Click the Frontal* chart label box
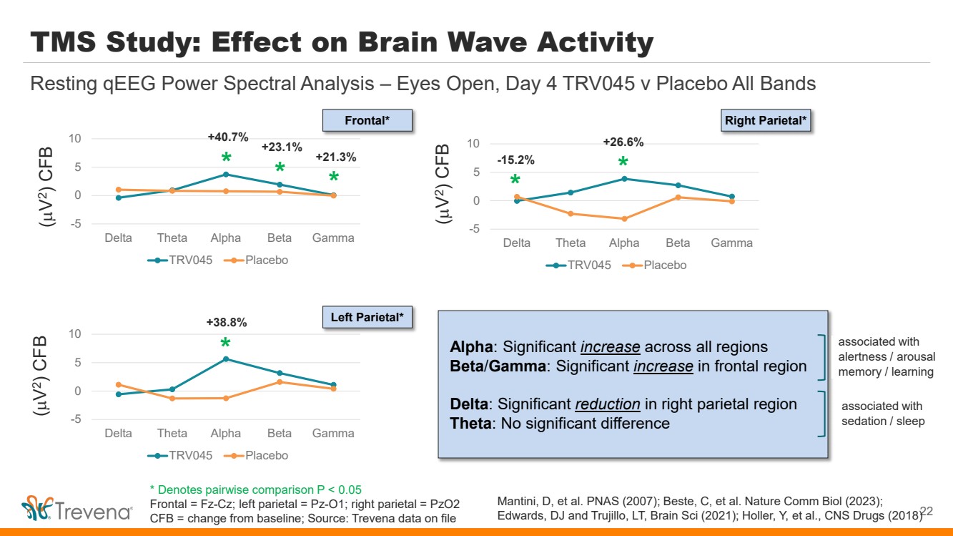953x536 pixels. click(x=367, y=121)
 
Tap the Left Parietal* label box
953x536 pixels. click(x=367, y=317)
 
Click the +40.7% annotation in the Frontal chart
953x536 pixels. click(x=228, y=137)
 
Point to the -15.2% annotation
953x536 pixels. click(x=515, y=160)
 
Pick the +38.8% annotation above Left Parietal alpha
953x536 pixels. click(x=226, y=323)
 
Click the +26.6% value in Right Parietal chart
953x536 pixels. click(x=623, y=142)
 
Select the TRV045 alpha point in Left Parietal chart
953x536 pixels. click(x=226, y=359)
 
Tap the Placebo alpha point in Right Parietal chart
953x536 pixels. click(x=624, y=219)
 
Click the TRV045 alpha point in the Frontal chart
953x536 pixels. click(x=226, y=174)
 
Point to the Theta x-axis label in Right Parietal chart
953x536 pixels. click(x=571, y=243)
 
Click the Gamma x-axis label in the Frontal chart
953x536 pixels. click(x=334, y=238)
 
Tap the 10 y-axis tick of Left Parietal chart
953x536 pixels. click(x=75, y=333)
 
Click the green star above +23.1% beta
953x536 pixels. click(x=280, y=167)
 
